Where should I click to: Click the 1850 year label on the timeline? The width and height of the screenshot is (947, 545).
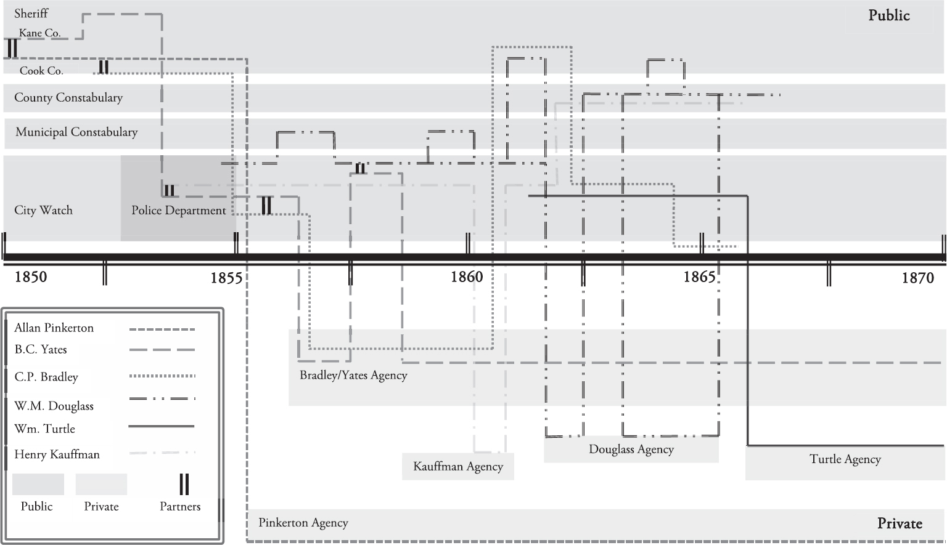coord(31,277)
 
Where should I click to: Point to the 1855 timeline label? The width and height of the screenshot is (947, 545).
coord(226,278)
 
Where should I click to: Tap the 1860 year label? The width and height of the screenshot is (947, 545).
coord(467,277)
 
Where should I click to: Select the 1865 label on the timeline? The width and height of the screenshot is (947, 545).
coord(699,277)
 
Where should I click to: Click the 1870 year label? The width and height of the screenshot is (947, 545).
coord(918,278)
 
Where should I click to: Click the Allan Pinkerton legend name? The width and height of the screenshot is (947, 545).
coord(54,328)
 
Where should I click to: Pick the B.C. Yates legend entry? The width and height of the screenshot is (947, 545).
coord(41,350)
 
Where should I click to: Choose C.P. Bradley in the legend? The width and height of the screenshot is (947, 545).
coord(46,377)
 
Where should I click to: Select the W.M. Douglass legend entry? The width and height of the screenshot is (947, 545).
coord(54,406)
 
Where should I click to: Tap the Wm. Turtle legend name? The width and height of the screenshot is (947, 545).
coord(45,429)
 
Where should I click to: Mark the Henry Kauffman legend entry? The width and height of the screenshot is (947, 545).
coord(57,454)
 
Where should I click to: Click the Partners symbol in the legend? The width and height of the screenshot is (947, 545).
coord(184,485)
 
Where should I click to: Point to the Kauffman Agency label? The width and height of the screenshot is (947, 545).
coord(458,467)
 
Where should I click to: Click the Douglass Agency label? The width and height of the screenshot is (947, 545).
coord(631,450)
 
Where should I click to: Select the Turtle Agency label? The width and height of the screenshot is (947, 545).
coord(845,459)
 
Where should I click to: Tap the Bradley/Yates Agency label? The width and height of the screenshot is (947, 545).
coord(353,375)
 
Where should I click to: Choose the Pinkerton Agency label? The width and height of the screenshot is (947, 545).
coord(303,523)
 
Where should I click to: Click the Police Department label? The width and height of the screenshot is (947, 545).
coord(179,211)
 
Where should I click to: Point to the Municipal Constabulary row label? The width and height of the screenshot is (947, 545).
coord(76,132)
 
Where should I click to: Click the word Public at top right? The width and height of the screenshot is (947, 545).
coord(889,15)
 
